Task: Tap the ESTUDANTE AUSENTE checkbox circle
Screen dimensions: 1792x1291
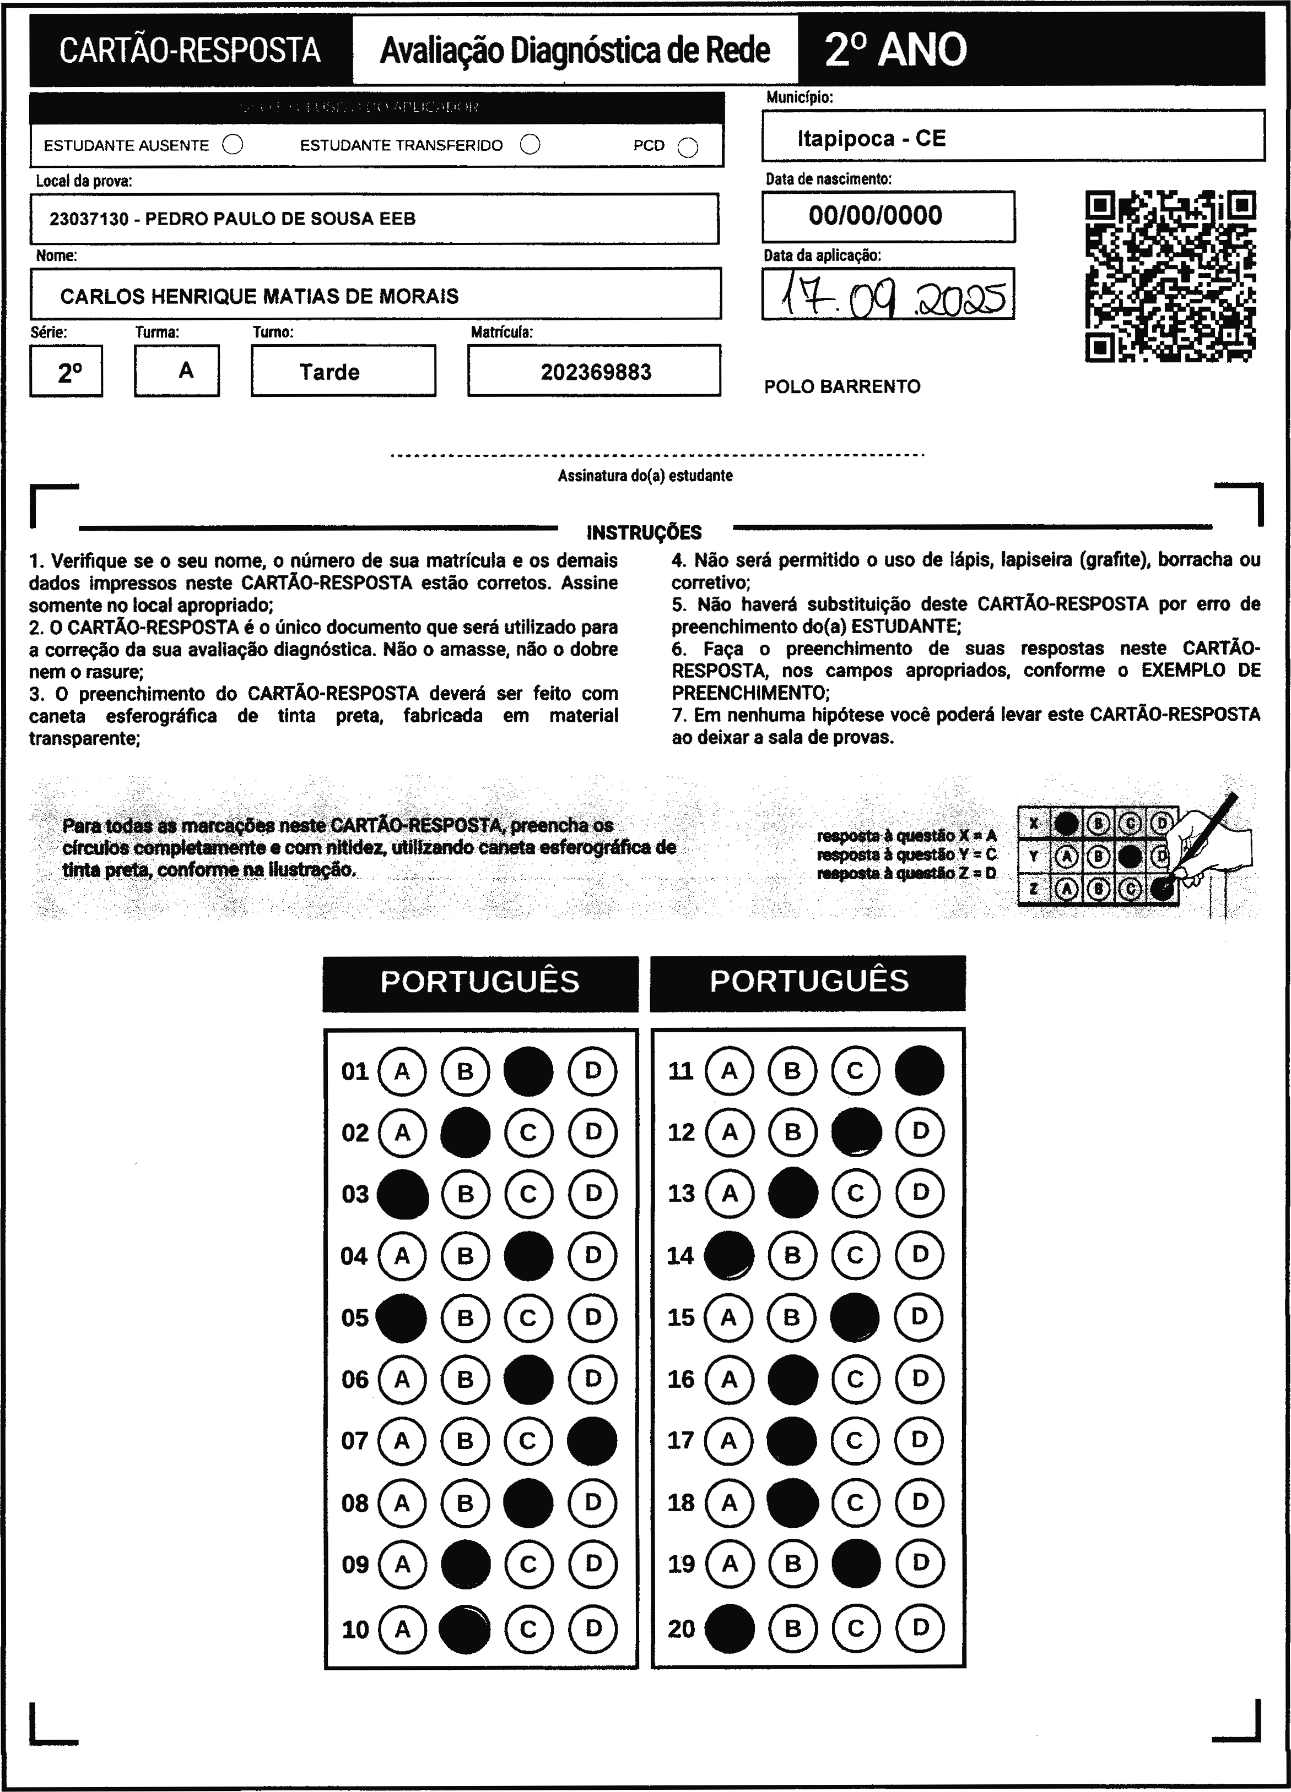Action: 233,145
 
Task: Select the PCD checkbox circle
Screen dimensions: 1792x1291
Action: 688,148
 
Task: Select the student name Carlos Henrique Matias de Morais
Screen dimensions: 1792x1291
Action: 260,296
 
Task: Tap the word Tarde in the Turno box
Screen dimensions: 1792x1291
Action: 329,372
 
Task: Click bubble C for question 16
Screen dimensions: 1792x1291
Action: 855,1380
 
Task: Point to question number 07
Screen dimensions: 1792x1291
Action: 355,1441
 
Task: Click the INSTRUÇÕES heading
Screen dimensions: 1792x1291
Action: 644,532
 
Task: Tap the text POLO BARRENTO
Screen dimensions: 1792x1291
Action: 842,387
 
